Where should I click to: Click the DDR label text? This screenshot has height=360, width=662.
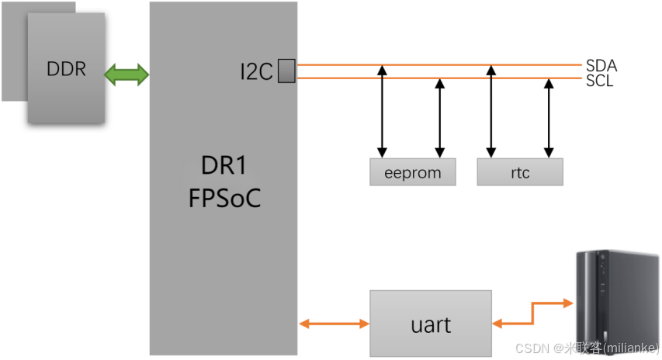tap(66, 69)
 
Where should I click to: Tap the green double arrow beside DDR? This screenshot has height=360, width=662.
tap(127, 74)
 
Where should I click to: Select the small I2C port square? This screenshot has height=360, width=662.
tap(286, 71)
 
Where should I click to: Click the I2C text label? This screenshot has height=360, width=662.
tap(256, 72)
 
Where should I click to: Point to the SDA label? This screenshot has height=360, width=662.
tap(601, 65)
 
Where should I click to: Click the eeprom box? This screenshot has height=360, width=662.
tap(412, 172)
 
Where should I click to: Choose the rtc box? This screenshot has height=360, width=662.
tap(520, 172)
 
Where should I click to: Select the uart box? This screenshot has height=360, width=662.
tap(431, 323)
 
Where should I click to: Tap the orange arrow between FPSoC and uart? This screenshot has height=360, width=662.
tap(334, 323)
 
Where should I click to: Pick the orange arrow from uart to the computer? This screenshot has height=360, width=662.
tap(531, 315)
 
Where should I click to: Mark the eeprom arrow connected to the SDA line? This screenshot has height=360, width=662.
tap(382, 110)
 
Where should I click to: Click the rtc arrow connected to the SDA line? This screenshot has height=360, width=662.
tap(490, 110)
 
